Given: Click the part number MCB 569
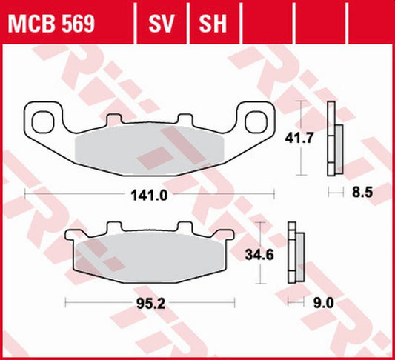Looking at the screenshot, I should click(51, 24).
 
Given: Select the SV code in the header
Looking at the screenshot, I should click(163, 24).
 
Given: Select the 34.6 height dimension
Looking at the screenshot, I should click(259, 256).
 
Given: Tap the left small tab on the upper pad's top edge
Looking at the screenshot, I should click(113, 120).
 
